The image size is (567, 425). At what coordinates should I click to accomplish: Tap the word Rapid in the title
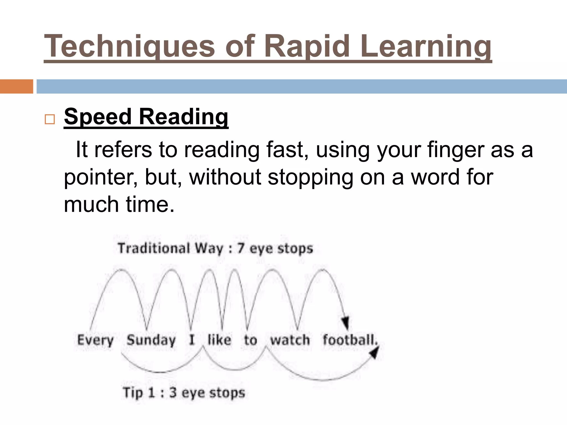(306, 46)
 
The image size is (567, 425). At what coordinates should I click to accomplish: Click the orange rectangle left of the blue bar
(16, 86)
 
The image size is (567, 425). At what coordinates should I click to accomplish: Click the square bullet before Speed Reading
(50, 119)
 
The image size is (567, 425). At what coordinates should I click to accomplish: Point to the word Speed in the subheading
(97, 117)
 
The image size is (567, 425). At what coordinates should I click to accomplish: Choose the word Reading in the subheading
(183, 117)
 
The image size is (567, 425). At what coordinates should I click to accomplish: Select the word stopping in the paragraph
(310, 177)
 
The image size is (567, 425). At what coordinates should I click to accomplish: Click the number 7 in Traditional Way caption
(241, 248)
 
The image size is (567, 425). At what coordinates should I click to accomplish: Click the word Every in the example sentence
(95, 340)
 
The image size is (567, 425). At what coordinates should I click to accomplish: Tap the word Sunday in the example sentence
(151, 340)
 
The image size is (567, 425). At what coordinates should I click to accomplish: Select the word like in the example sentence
(219, 340)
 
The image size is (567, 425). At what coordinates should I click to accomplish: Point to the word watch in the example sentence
(290, 340)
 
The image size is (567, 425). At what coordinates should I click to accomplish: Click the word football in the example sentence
(349, 340)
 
